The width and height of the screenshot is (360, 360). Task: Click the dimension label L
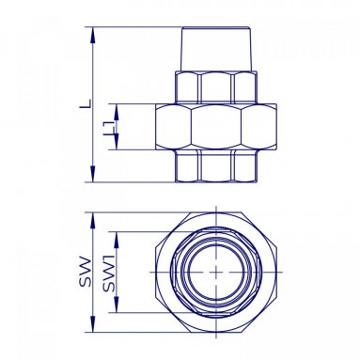86,104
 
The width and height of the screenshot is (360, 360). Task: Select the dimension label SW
85,272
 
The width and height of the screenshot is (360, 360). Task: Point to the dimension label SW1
108,273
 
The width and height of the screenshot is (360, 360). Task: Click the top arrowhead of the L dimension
92,35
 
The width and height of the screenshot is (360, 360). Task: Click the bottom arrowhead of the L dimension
92,174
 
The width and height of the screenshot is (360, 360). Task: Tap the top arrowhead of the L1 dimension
116,112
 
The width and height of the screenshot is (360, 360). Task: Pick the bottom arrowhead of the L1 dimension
116,142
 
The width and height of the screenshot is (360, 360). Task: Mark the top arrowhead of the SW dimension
92,221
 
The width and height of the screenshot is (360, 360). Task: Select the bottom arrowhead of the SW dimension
92,324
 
